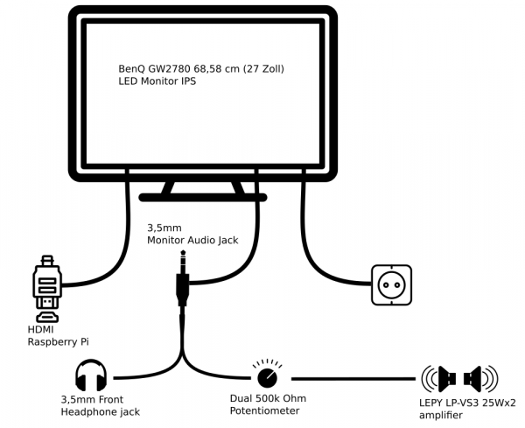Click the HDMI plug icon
[46, 289]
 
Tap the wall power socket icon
[391, 284]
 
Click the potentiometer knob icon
[267, 377]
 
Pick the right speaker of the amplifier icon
[478, 379]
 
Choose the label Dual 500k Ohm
[268, 399]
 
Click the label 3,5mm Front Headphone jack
[99, 405]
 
